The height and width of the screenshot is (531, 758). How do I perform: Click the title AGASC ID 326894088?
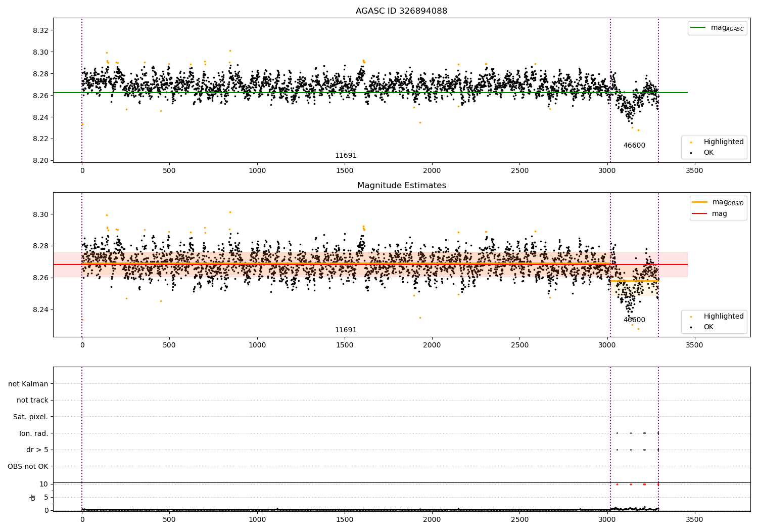pos(401,11)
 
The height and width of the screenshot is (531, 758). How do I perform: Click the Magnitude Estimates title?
pos(402,185)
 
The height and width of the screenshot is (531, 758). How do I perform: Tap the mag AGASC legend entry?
pos(717,28)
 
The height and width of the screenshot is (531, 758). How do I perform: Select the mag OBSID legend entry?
pos(718,202)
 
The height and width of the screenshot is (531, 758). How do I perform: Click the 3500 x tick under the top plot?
pos(694,171)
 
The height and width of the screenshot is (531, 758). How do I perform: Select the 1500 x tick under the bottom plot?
pos(345,520)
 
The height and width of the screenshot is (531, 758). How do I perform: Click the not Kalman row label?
pos(28,384)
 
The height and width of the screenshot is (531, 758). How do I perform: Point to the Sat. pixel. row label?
pos(30,417)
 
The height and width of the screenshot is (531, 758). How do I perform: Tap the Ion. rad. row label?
pos(33,433)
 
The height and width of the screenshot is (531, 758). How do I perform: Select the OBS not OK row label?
pos(28,466)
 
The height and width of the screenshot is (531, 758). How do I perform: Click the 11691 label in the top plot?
pos(346,155)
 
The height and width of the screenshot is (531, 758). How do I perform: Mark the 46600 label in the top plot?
pos(634,145)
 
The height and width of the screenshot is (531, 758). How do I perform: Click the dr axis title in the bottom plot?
pos(33,497)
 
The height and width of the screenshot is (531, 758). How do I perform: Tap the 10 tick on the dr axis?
pos(43,484)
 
